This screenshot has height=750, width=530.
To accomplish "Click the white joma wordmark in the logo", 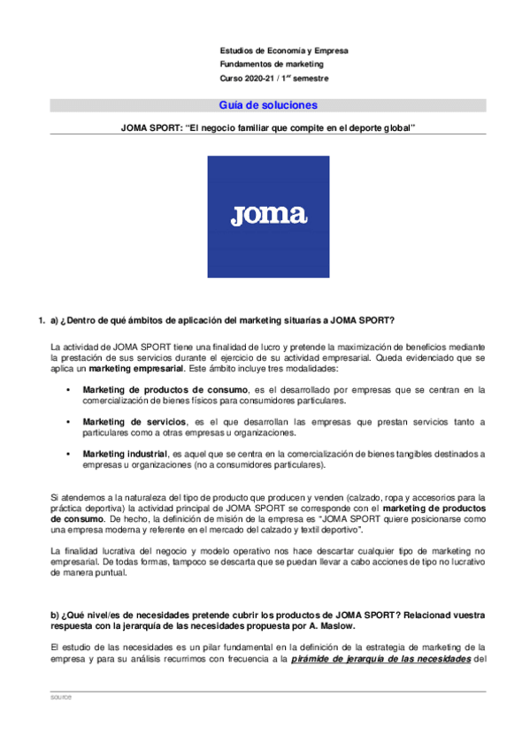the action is coord(268,215).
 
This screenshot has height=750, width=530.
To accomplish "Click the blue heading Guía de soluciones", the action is coord(268,105).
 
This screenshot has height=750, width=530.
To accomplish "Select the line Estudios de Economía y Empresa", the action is coord(283,50).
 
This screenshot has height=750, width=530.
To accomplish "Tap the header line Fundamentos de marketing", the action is coord(272,65).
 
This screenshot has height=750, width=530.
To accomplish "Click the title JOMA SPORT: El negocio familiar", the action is coord(268,128).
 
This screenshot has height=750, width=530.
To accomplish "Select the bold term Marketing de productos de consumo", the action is coord(165,390).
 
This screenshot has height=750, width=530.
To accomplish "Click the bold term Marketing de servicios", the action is coord(134,422).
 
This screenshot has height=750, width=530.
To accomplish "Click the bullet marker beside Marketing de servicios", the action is coord(68,422).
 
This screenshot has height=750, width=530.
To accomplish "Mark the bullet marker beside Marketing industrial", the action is coord(68,454).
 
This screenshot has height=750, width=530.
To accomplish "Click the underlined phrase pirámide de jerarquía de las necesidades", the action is coord(381,659).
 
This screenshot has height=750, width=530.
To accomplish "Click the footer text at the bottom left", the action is coord(61,698).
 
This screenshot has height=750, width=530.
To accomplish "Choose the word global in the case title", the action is coord(396,128).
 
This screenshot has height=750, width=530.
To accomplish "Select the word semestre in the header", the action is coord(310,79).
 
